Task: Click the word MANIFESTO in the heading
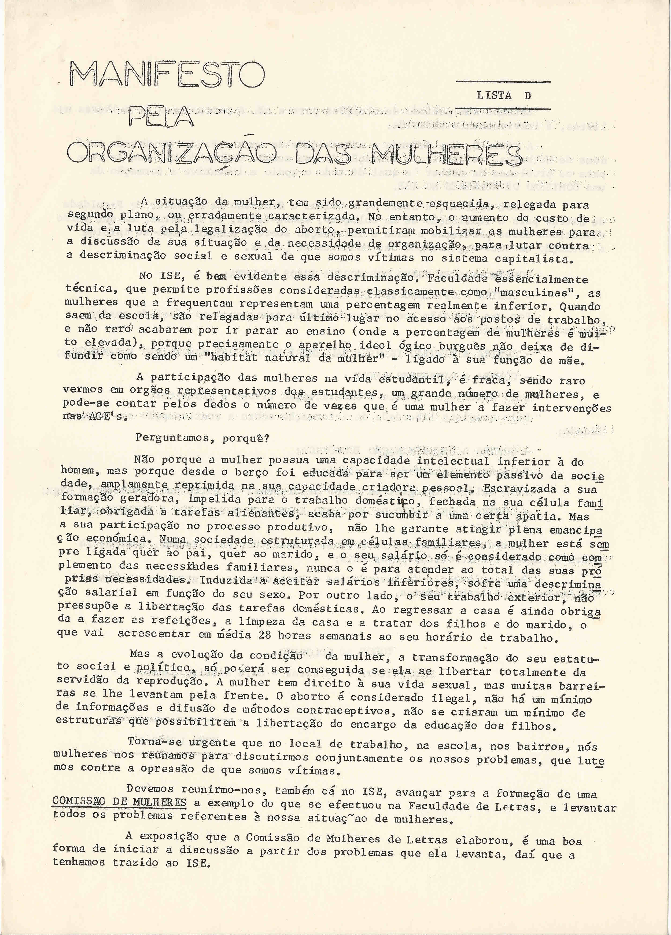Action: [167, 74]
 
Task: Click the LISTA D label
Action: [504, 96]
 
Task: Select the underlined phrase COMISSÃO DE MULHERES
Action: [119, 802]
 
